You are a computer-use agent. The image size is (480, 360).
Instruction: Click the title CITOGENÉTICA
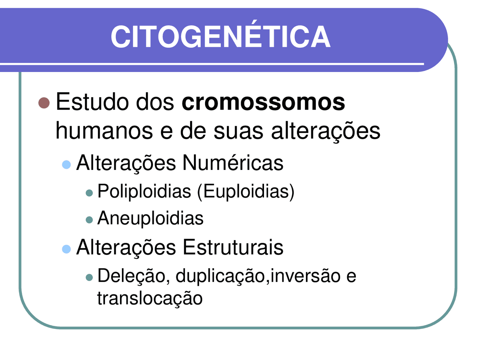[220, 37]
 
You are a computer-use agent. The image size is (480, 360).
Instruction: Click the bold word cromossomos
[263, 102]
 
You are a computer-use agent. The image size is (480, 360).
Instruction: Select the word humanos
[104, 131]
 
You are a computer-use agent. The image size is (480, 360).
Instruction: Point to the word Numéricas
[232, 163]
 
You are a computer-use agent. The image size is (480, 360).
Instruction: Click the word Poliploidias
[144, 191]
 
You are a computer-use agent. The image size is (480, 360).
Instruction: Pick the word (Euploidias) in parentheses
[246, 191]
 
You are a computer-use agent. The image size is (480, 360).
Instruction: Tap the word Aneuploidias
[150, 218]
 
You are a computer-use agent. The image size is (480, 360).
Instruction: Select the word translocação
[150, 298]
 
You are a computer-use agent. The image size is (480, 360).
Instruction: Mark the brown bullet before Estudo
[44, 103]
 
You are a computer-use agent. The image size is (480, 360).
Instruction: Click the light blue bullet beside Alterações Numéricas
[66, 164]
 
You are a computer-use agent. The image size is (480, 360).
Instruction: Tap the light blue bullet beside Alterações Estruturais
[66, 249]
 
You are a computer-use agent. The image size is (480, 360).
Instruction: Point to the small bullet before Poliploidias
[89, 193]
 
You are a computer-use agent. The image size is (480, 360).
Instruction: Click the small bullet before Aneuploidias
[89, 220]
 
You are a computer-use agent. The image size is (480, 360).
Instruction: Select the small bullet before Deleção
[89, 277]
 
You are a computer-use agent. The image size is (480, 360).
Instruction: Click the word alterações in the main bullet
[325, 131]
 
